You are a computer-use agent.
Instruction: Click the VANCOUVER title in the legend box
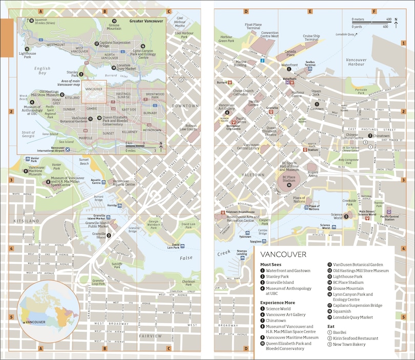[x=283, y=255]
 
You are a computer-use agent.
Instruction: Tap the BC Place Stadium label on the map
[x=289, y=179]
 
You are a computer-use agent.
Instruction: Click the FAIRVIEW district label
[x=150, y=336]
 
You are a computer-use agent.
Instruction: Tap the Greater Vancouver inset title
[x=146, y=22]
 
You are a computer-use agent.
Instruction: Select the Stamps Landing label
[x=242, y=252]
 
